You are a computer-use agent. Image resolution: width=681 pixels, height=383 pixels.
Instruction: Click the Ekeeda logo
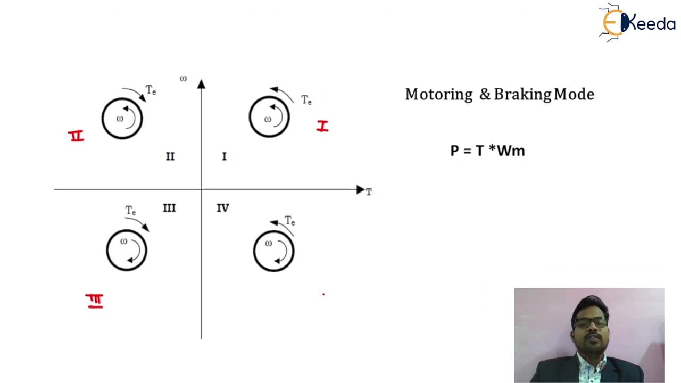pyautogui.click(x=637, y=22)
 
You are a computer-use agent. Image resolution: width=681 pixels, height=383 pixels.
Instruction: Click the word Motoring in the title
pyautogui.click(x=439, y=95)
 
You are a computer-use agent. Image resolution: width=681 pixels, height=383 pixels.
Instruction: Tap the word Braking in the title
pyautogui.click(x=522, y=95)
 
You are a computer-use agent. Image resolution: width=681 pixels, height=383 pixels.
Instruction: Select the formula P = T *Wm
pyautogui.click(x=488, y=151)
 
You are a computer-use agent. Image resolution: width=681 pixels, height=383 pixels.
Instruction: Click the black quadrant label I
pyautogui.click(x=225, y=156)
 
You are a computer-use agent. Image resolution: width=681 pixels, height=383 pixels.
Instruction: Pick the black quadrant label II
pyautogui.click(x=170, y=156)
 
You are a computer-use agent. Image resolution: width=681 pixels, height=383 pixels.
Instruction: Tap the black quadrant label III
pyautogui.click(x=169, y=208)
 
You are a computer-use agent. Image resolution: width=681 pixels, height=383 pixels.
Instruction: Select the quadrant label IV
pyautogui.click(x=223, y=208)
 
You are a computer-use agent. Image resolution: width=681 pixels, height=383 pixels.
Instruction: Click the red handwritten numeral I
pyautogui.click(x=322, y=126)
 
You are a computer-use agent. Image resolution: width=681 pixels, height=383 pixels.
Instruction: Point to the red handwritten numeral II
pyautogui.click(x=76, y=136)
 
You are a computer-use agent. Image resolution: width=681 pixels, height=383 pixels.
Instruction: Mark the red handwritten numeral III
pyautogui.click(x=95, y=301)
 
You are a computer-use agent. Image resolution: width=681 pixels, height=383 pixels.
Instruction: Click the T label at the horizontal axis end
pyautogui.click(x=369, y=192)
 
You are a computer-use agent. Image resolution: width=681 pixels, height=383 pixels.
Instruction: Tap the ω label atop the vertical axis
pyautogui.click(x=183, y=79)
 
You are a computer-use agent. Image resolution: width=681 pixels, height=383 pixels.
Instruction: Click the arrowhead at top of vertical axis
pyautogui.click(x=201, y=84)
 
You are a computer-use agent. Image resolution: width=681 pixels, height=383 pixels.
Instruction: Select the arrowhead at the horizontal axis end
pyautogui.click(x=360, y=190)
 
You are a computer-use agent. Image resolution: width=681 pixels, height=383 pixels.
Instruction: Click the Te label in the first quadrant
pyautogui.click(x=306, y=100)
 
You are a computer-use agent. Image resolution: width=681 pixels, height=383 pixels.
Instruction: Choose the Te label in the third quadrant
pyautogui.click(x=130, y=210)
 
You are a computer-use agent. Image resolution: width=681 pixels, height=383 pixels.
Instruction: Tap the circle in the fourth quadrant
pyautogui.click(x=254, y=252)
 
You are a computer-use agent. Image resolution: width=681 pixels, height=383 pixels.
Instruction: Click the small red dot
pyautogui.click(x=323, y=294)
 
